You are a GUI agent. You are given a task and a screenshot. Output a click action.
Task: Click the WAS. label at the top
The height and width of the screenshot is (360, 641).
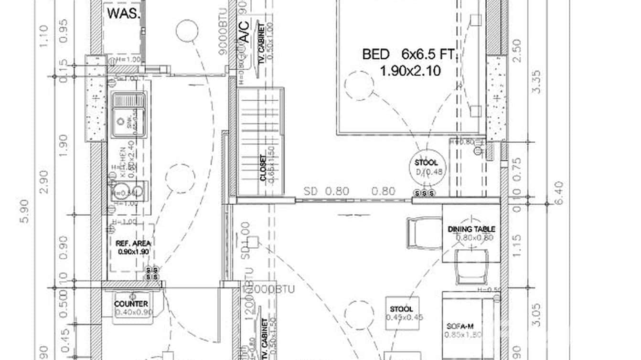point(124,13)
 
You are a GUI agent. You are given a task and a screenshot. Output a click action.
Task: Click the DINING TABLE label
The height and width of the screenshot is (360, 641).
point(471,230)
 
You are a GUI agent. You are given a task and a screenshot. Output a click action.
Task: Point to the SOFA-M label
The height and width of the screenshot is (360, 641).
point(460,326)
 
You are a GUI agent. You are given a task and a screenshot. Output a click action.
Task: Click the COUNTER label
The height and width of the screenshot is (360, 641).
point(131,304)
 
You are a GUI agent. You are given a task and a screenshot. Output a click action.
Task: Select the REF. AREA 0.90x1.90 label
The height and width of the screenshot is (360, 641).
point(127,247)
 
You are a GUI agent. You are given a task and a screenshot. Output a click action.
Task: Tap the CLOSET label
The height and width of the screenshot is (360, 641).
point(263,168)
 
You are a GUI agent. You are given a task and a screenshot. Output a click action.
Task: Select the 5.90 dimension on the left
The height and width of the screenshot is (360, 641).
point(25,211)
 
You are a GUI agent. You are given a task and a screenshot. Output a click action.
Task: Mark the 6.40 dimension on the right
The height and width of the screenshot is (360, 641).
point(558,192)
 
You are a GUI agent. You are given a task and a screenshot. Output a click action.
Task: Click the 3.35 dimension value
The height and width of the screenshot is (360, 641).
point(535,82)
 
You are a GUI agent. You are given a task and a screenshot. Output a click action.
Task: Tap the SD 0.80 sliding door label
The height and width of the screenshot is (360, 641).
point(326,191)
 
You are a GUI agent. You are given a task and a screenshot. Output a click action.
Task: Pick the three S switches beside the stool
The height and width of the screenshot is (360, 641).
point(424,193)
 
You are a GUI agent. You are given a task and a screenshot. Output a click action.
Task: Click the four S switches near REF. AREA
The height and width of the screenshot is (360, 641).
point(151,274)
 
